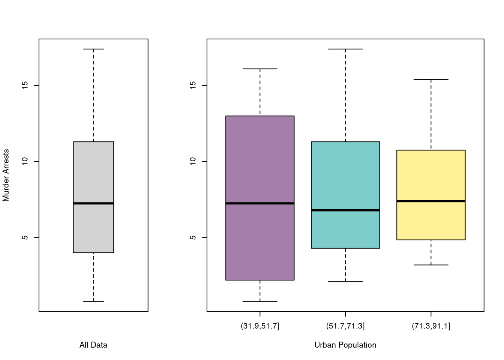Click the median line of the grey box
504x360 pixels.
click(x=93, y=203)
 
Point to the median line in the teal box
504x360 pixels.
click(x=345, y=210)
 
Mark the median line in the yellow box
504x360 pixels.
click(x=431, y=201)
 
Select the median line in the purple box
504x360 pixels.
click(x=260, y=203)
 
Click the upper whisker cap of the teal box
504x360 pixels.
click(x=345, y=49)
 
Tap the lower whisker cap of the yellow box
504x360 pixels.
click(x=431, y=265)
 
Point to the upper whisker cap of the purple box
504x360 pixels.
click(x=260, y=69)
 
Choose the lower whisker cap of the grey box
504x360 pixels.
click(x=93, y=301)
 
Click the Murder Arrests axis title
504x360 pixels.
click(x=6, y=175)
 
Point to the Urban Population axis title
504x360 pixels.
click(x=345, y=345)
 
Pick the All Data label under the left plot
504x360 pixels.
click(x=93, y=345)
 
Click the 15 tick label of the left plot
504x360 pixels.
click(x=25, y=85)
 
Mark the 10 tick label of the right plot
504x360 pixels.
click(x=193, y=162)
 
